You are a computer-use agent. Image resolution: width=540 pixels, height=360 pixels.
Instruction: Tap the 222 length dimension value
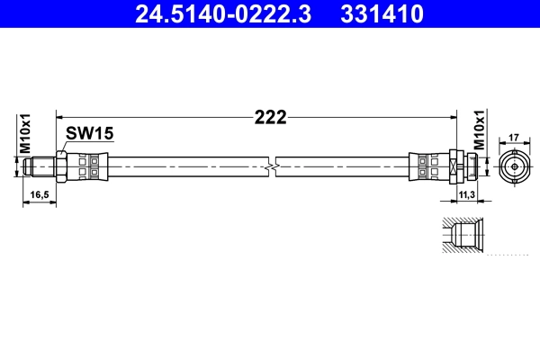269,117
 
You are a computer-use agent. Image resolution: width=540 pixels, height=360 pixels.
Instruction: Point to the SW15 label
90,133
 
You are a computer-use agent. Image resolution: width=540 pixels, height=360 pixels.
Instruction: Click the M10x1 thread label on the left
26,133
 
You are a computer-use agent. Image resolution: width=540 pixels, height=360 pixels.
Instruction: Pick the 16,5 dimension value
39,193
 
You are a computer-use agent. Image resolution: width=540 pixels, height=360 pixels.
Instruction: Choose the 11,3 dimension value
464,193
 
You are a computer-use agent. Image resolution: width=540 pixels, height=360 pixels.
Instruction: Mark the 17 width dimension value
515,138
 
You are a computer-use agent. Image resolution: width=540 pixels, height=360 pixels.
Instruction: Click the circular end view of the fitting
515,167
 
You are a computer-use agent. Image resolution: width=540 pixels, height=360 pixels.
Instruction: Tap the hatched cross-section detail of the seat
463,236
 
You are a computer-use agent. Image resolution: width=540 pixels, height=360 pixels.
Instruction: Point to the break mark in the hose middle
270,167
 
